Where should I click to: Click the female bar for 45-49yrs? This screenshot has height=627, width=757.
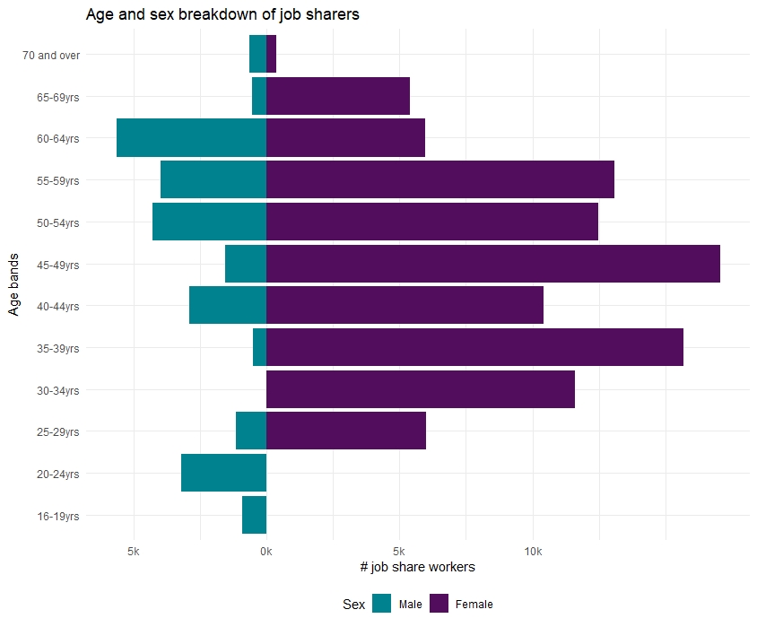(x=493, y=264)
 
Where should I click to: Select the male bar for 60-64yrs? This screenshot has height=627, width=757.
(x=192, y=137)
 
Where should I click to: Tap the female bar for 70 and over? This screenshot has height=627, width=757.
(x=272, y=54)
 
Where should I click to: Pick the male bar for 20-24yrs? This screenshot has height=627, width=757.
(x=224, y=473)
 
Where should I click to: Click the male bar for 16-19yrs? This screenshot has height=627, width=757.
(x=255, y=515)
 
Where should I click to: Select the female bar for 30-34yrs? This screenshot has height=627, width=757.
(x=421, y=389)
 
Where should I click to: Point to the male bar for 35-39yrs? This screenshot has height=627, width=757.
(x=260, y=347)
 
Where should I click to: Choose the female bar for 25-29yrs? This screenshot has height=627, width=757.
(x=346, y=431)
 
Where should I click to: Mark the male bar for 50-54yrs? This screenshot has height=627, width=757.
(x=210, y=222)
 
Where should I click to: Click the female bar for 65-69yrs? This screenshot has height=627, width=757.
(x=338, y=96)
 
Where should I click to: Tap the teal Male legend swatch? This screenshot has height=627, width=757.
(x=381, y=604)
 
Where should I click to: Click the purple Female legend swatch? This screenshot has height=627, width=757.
(x=439, y=604)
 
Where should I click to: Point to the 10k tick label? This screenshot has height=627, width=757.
(x=533, y=552)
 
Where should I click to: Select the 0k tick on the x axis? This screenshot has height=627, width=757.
(x=266, y=552)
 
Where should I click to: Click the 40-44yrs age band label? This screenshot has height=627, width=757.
(x=58, y=307)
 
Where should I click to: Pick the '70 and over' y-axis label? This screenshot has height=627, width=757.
(x=51, y=56)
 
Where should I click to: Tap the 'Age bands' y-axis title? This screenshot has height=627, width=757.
(x=13, y=284)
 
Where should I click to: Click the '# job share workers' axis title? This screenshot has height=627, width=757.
(x=418, y=567)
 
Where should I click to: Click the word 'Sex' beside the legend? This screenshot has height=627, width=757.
(x=354, y=605)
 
